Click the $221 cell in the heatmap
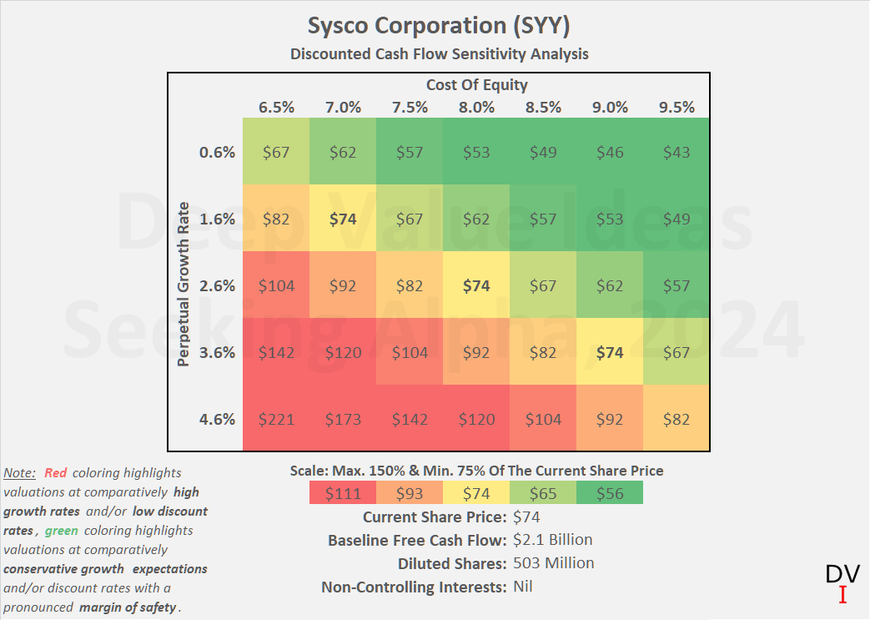point(276,419)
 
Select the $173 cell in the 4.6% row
point(343,419)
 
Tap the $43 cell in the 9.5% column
point(676,152)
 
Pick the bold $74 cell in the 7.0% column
point(343,219)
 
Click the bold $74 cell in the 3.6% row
point(610,352)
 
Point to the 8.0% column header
point(476,107)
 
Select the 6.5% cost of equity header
point(276,107)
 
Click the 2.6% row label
point(218,285)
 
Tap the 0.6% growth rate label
point(218,152)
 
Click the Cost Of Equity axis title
point(476,84)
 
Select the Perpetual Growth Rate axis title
point(184,284)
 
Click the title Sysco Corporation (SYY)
point(439,25)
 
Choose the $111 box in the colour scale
point(343,493)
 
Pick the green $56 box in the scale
point(610,493)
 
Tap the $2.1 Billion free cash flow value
point(553,540)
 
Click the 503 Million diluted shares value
point(554,563)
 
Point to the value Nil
point(523,587)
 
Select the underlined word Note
point(19,473)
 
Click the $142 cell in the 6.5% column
point(276,352)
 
